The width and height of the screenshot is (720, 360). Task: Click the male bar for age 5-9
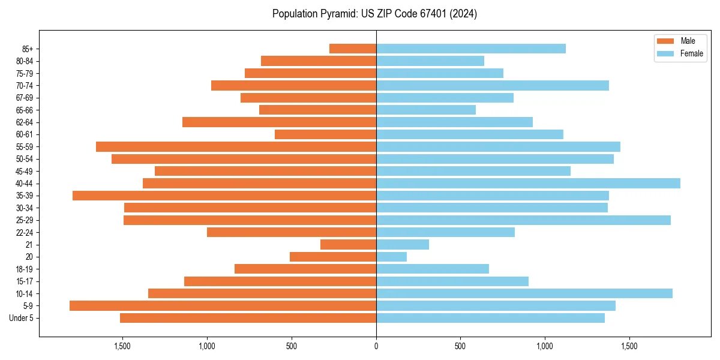[223, 305]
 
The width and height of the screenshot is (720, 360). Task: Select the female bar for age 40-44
[528, 183]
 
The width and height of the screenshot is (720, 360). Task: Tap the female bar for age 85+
[471, 49]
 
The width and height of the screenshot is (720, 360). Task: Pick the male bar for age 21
[348, 244]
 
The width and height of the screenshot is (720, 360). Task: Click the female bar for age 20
[391, 257]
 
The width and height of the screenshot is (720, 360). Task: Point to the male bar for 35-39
[224, 196]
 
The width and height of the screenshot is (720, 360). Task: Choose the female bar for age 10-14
[524, 293]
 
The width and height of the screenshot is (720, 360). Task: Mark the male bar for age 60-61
[325, 134]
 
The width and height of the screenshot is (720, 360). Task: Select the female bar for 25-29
[523, 220]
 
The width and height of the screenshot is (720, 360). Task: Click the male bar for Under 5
[248, 318]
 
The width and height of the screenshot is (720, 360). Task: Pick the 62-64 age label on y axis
[24, 122]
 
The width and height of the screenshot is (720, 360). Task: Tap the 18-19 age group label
[24, 269]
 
